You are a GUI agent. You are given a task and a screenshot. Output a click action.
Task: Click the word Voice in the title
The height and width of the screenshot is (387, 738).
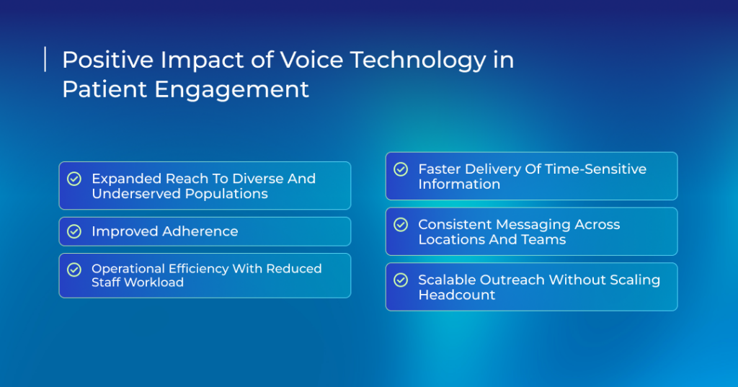pyautogui.click(x=311, y=60)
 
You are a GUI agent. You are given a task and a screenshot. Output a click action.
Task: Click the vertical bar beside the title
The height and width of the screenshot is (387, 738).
pyautogui.click(x=45, y=59)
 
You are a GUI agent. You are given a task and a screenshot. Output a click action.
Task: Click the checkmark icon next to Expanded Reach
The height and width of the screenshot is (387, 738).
pyautogui.click(x=74, y=179)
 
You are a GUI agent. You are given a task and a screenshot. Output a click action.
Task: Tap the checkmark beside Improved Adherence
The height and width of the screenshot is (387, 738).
pyautogui.click(x=74, y=231)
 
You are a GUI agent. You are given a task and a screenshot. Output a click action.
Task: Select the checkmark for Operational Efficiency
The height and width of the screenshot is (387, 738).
pyautogui.click(x=74, y=270)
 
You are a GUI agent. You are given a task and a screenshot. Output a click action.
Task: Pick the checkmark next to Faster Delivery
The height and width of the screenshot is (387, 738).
pyautogui.click(x=401, y=169)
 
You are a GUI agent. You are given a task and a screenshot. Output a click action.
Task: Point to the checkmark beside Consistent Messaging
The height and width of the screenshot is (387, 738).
pyautogui.click(x=401, y=225)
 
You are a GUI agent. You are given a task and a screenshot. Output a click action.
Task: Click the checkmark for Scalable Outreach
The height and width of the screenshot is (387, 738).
pyautogui.click(x=401, y=280)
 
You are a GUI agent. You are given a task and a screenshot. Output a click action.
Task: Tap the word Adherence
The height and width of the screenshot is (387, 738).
pyautogui.click(x=200, y=231)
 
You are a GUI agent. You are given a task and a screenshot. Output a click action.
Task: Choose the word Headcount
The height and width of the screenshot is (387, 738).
pyautogui.click(x=456, y=295)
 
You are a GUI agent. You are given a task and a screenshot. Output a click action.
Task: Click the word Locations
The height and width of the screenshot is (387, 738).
pyautogui.click(x=452, y=240)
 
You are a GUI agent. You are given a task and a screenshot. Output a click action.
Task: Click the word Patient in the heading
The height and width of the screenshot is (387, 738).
pyautogui.click(x=105, y=89)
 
